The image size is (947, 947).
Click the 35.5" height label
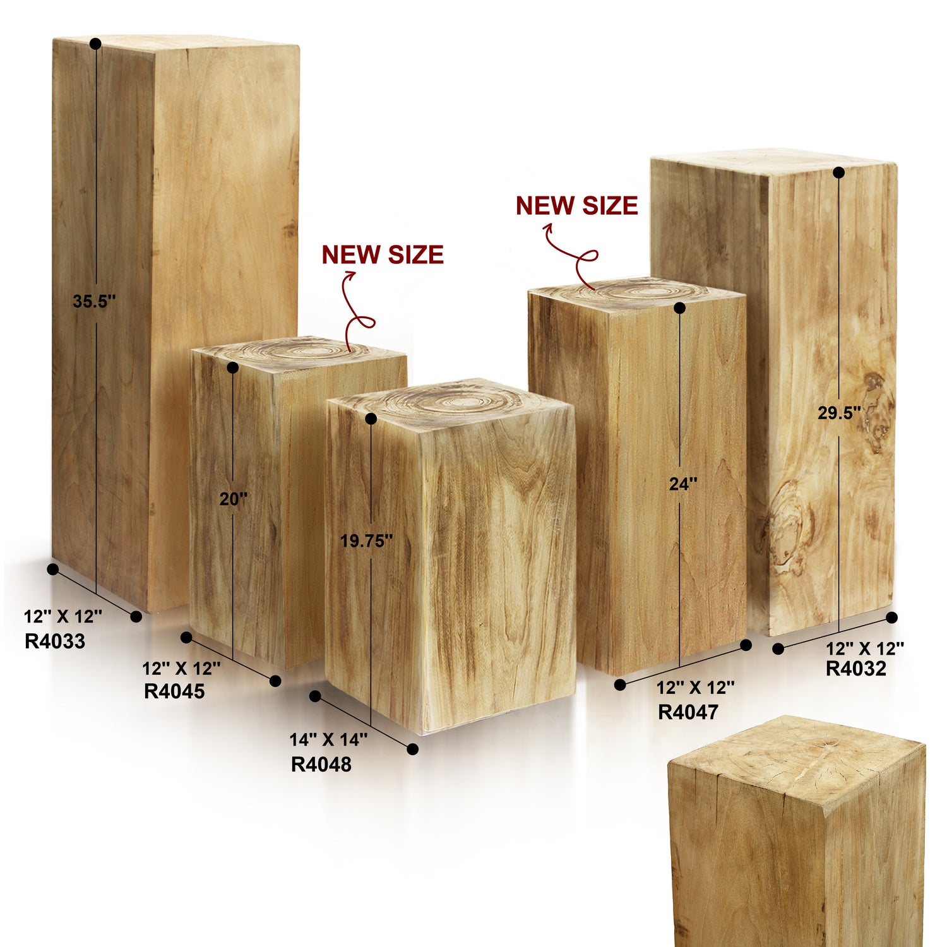[x=94, y=301]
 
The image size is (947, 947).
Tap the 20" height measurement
[x=234, y=499]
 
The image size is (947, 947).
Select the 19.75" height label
[x=366, y=541]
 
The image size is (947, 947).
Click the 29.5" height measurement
[x=839, y=413]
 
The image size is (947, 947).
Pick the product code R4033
[x=55, y=641]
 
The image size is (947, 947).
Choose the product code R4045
[x=174, y=691]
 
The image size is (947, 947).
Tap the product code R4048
[x=321, y=765]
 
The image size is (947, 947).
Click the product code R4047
[x=688, y=712]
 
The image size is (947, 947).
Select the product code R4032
[x=856, y=669]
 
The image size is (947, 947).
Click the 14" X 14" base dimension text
[x=328, y=739]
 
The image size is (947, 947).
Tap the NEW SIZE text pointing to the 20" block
[x=383, y=254]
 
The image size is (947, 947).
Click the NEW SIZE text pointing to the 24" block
[x=576, y=206]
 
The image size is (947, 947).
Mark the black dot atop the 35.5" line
[x=95, y=44]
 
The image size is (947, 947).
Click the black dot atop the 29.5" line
[x=838, y=172]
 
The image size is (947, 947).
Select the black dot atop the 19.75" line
[x=371, y=419]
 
